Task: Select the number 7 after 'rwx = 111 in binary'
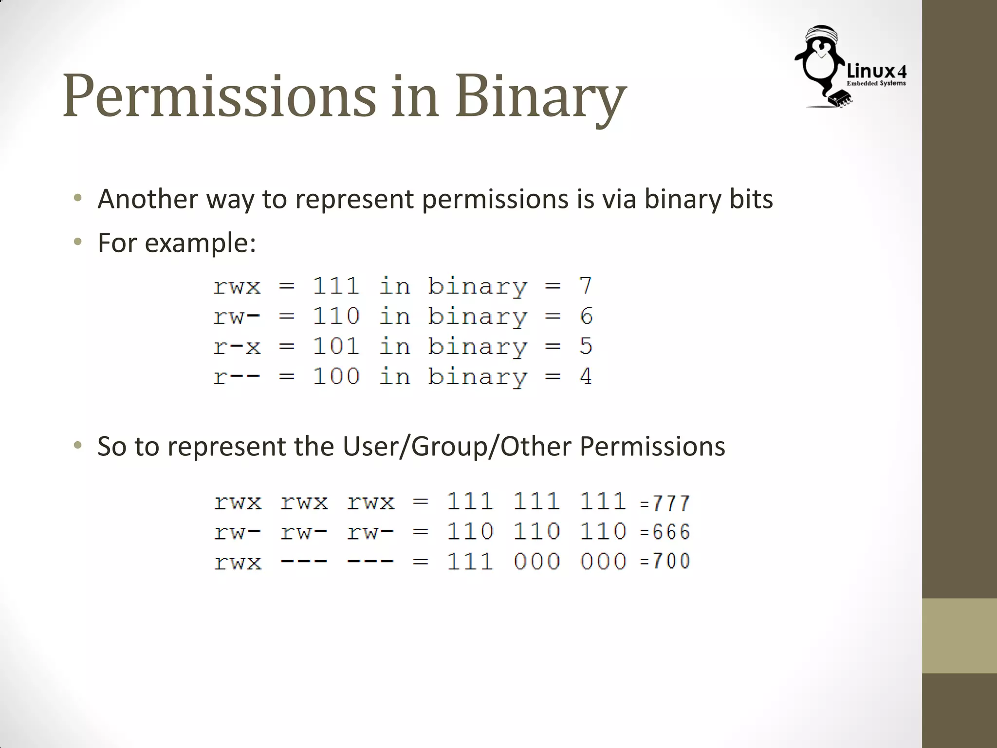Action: (586, 286)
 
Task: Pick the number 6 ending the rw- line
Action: (586, 316)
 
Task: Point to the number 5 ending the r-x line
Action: (586, 346)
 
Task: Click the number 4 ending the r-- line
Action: (586, 376)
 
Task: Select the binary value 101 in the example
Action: (336, 346)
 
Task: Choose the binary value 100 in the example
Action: (336, 376)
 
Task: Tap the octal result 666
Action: (671, 532)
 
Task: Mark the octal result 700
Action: (671, 561)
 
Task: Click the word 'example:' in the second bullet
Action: (200, 243)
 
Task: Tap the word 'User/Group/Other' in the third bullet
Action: (457, 447)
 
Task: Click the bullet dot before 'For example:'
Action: (77, 242)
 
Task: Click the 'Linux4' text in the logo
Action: (876, 72)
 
